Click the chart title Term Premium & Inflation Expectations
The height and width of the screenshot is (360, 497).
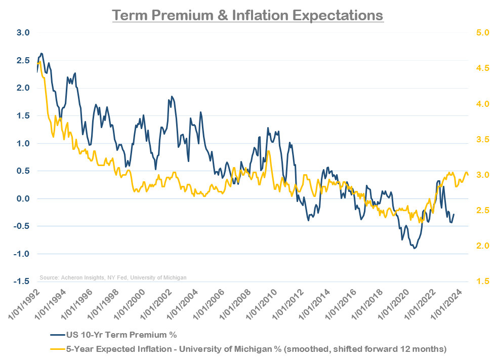click(248, 15)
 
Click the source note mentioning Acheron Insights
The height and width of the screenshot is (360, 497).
click(113, 277)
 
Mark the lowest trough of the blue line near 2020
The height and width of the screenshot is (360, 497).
click(415, 249)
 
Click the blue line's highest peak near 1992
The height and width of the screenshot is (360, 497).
click(42, 53)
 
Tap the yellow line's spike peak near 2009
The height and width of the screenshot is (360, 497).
click(268, 151)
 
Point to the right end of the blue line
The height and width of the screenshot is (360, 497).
click(454, 214)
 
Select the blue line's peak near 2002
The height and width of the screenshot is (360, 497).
click(172, 96)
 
